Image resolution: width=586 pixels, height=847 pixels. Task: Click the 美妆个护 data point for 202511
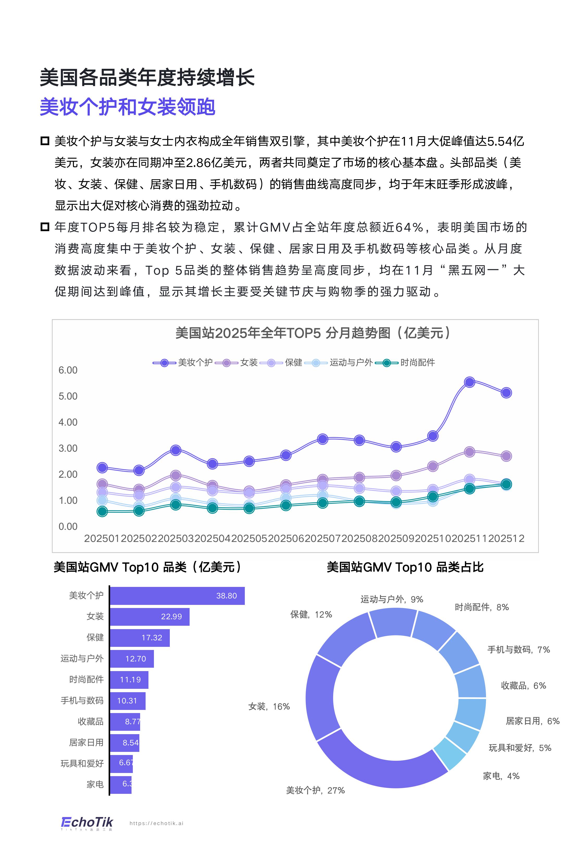click(469, 382)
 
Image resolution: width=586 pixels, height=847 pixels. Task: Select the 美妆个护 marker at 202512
click(506, 393)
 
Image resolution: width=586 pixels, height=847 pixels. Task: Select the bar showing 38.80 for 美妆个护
click(177, 596)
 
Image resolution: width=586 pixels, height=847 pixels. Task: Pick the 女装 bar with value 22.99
click(149, 617)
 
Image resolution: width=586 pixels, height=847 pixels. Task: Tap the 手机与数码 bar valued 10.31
click(127, 701)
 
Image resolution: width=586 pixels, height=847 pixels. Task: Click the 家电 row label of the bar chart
click(95, 784)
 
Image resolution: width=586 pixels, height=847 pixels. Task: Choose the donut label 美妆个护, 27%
click(315, 790)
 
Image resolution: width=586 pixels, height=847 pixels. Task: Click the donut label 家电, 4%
click(501, 776)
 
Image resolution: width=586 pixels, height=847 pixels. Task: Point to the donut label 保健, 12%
click(311, 615)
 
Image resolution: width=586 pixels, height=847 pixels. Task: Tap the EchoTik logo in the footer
click(87, 823)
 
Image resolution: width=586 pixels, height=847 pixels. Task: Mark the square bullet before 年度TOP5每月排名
click(45, 227)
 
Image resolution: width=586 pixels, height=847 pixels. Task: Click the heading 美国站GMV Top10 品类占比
click(405, 567)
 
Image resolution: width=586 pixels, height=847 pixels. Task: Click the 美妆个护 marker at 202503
click(176, 450)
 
